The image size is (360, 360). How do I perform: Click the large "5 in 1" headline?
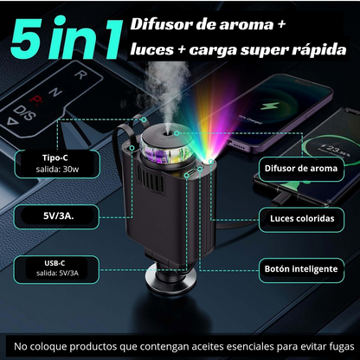pyautogui.click(x=66, y=37)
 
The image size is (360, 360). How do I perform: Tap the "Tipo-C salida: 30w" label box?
pyautogui.click(x=57, y=164)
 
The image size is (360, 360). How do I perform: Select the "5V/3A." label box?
pyautogui.click(x=57, y=216)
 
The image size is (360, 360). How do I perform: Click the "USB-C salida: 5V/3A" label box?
pyautogui.click(x=56, y=268)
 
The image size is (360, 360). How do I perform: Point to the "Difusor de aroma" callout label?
pyautogui.click(x=301, y=169)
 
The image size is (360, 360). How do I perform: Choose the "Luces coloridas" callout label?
pyautogui.click(x=302, y=219)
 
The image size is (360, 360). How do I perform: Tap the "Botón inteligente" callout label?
pyautogui.click(x=301, y=270)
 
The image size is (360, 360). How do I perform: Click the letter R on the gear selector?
pyautogui.click(x=81, y=74)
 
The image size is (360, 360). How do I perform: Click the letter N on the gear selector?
pyautogui.click(x=55, y=93)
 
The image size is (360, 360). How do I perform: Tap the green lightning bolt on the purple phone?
pyautogui.click(x=270, y=106)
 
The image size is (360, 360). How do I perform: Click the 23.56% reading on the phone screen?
pyautogui.click(x=336, y=151)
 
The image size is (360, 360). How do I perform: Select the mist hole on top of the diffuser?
pyautogui.click(x=168, y=133)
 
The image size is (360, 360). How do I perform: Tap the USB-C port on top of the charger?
pyautogui.click(x=191, y=173)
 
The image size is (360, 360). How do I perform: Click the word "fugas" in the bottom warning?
pyautogui.click(x=342, y=346)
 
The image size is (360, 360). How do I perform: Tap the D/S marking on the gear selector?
pyautogui.click(x=23, y=112)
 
